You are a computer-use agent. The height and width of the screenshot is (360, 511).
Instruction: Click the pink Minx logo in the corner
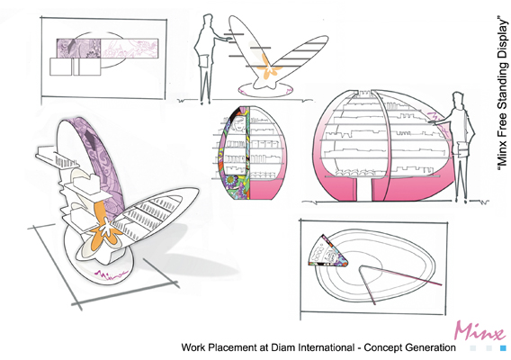click(479, 331)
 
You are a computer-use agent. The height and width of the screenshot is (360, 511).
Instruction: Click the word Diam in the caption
click(282, 347)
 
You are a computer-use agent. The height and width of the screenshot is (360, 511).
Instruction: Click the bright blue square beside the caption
click(503, 348)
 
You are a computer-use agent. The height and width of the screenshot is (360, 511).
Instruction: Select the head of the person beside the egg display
click(458, 100)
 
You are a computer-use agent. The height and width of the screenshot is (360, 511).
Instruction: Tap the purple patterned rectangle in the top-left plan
click(78, 49)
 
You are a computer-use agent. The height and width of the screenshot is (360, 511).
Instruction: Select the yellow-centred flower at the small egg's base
click(230, 179)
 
